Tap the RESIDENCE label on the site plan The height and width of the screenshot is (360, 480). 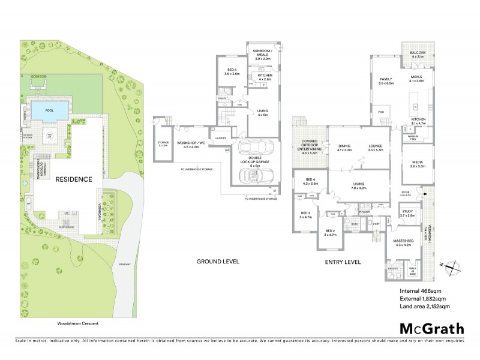point(73,179)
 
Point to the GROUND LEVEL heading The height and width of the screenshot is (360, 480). point(218,262)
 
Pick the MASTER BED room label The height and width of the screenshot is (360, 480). point(406,242)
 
